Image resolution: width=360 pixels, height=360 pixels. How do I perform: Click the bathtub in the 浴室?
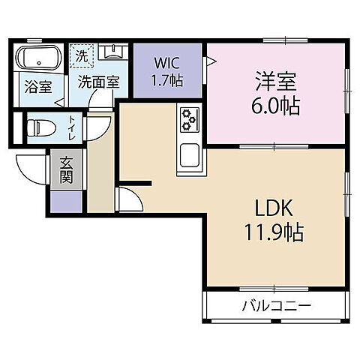point(39,58)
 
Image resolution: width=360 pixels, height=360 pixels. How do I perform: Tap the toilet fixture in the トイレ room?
point(40,128)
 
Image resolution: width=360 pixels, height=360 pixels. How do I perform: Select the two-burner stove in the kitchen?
point(190,120)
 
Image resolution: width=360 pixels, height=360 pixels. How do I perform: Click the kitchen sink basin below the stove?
point(190,155)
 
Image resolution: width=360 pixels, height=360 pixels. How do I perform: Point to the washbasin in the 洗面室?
point(113,52)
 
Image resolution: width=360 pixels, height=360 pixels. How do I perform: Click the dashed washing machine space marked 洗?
point(82,55)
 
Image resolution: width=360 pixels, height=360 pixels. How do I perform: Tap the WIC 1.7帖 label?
point(168,71)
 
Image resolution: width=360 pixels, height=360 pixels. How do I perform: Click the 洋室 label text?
point(276,81)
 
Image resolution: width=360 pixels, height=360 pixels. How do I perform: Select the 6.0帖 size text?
point(275,106)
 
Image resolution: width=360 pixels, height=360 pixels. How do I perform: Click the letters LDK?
point(274,208)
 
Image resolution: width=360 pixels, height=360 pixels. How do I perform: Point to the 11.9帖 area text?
point(274,232)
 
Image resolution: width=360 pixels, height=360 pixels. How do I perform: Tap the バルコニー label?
point(277,305)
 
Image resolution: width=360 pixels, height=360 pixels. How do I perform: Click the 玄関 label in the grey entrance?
point(66,170)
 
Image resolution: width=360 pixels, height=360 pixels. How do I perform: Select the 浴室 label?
point(38,87)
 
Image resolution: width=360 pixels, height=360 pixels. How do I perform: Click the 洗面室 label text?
point(99,82)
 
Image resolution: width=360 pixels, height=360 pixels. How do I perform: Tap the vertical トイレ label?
point(72,128)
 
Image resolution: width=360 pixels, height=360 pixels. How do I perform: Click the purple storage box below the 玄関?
point(66,202)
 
